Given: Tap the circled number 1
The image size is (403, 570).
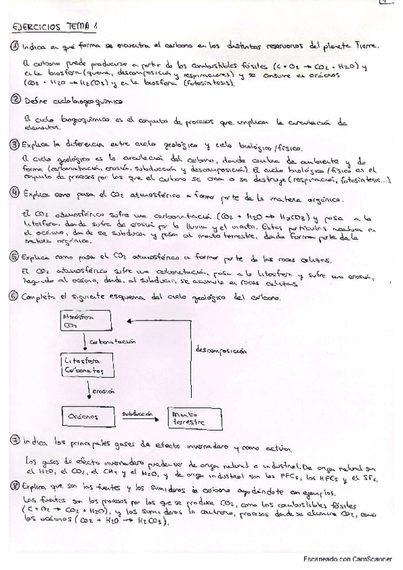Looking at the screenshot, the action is pyautogui.click(x=15, y=46).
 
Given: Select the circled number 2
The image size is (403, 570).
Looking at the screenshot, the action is pyautogui.click(x=15, y=100).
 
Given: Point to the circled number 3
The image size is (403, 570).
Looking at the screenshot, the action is pyautogui.click(x=15, y=144).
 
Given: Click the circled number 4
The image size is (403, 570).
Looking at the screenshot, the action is pyautogui.click(x=15, y=192).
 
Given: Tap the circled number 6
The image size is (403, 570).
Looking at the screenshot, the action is pyautogui.click(x=15, y=296).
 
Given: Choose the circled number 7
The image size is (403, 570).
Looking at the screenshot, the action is pyautogui.click(x=15, y=442).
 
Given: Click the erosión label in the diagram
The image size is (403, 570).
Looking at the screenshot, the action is pyautogui.click(x=102, y=391).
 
